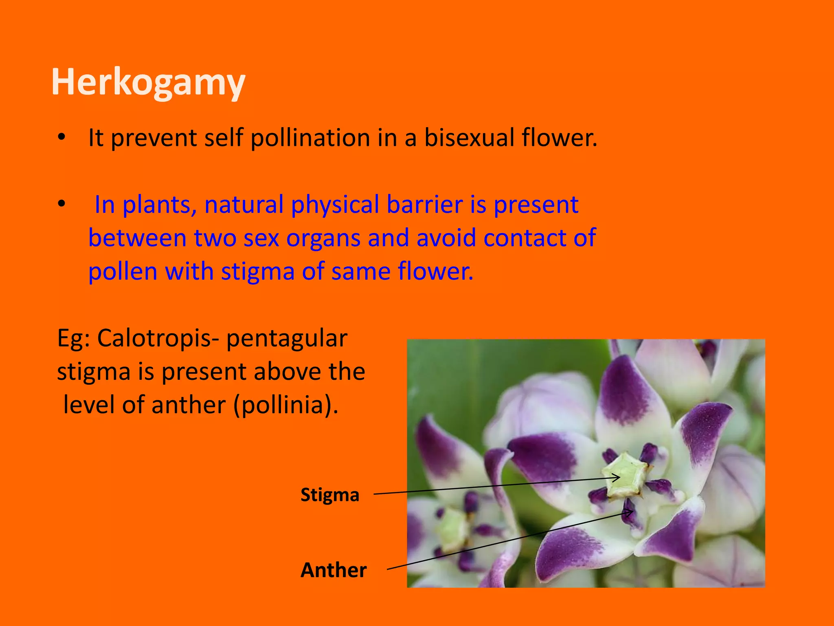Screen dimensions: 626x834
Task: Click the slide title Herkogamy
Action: pos(148,82)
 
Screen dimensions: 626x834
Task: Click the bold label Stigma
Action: pos(330,495)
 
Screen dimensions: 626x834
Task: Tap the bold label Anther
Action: pos(334,570)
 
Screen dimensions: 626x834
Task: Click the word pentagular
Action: pos(287,339)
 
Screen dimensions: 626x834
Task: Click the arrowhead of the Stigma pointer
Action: pos(618,477)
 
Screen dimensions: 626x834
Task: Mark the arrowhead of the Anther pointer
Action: pos(631,512)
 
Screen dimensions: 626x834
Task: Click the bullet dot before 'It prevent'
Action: pos(61,137)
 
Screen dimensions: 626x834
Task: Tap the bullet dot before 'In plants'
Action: pos(61,204)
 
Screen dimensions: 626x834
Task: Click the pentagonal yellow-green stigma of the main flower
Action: pos(625,475)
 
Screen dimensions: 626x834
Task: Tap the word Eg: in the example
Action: pos(73,338)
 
